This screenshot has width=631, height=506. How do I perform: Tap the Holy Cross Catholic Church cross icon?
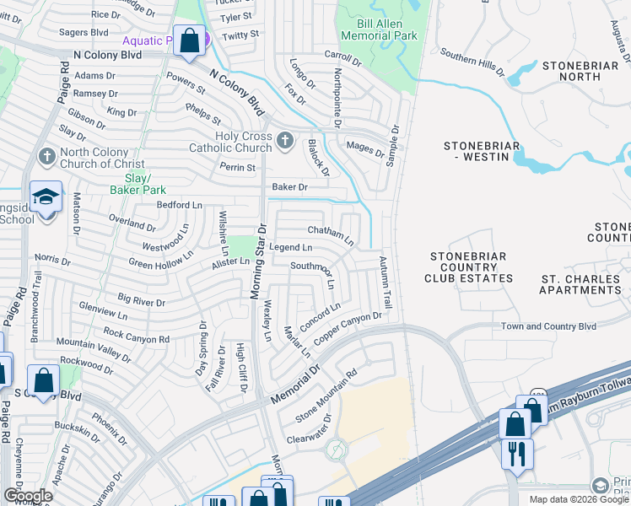pos(285,139)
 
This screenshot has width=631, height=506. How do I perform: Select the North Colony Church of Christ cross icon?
pos(46,156)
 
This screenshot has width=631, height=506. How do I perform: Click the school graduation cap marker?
pos(46,198)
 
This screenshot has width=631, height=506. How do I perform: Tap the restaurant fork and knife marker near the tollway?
pos(517,453)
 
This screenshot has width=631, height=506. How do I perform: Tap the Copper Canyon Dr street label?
pos(348,328)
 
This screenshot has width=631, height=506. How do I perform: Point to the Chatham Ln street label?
pos(330,232)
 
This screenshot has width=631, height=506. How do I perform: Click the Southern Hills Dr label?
pos(472,66)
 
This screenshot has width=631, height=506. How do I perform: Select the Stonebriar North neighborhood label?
pos(585,71)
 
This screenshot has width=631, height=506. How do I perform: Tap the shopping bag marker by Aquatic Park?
pos(189,40)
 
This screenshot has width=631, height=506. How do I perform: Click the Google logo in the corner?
pos(28,496)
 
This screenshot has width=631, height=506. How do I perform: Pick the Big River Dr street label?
pos(141,299)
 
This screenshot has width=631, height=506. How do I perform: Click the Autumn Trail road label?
pos(386,282)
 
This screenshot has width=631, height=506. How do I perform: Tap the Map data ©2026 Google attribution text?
pos(579,499)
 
